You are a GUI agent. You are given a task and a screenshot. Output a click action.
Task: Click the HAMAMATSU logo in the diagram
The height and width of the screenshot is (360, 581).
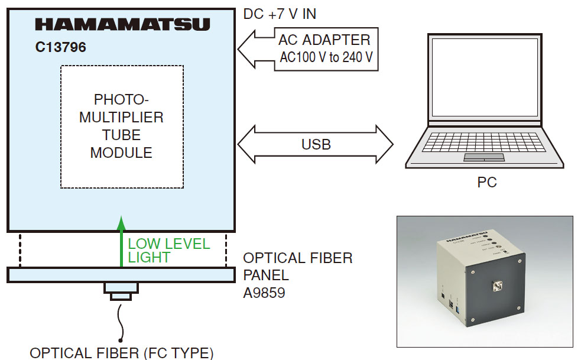[x=122, y=24]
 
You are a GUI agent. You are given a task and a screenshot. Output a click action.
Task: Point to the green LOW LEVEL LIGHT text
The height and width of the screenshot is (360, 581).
[x=168, y=251]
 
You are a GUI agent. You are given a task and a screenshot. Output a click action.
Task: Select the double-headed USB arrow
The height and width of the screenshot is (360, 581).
[x=316, y=144]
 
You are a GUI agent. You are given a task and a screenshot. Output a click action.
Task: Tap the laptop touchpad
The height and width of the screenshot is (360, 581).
[x=483, y=157]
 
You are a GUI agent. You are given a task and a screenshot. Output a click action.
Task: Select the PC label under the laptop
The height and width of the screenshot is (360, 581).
[x=487, y=183]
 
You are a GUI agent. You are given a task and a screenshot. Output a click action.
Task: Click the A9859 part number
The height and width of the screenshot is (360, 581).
[x=264, y=292]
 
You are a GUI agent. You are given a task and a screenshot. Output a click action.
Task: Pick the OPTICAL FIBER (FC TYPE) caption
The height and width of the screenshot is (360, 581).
[x=121, y=353]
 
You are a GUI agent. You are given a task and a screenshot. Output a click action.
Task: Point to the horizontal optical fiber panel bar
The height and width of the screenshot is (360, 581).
[x=121, y=274]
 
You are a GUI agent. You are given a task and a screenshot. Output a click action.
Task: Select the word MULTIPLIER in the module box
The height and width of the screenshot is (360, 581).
[x=121, y=117]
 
